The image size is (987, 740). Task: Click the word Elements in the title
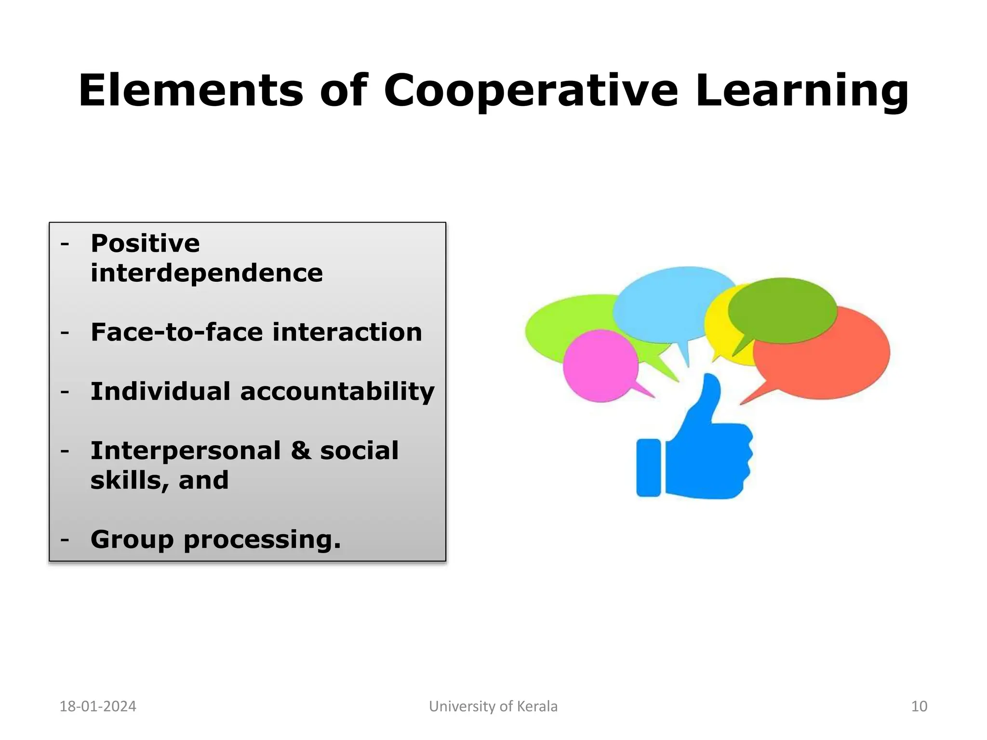click(191, 91)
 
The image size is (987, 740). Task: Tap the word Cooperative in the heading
click(531, 92)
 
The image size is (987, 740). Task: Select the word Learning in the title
click(802, 92)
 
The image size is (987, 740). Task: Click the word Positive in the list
click(145, 243)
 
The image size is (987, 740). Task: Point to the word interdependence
click(206, 273)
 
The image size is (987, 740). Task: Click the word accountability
click(337, 392)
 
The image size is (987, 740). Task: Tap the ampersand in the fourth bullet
click(301, 451)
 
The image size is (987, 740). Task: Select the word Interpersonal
click(186, 451)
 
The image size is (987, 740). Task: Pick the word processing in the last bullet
click(262, 540)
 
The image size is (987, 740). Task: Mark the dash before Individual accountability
click(65, 392)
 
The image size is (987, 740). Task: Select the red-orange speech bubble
click(829, 366)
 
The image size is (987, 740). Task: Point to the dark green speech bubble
click(782, 309)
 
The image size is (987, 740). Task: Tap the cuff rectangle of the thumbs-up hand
click(648, 467)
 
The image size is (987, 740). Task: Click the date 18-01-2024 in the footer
click(98, 706)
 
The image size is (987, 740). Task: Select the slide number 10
click(919, 706)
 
